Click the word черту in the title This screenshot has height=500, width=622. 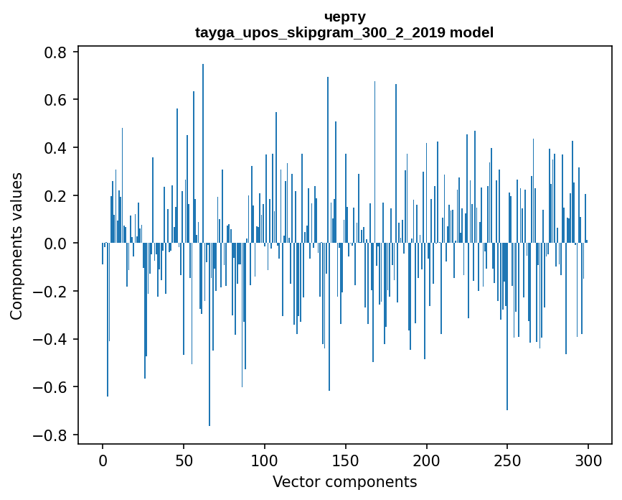point(344,17)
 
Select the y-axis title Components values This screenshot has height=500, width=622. point(17,246)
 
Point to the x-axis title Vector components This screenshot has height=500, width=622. point(344,481)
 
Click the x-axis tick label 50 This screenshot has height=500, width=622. point(184,458)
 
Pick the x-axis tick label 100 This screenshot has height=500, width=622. point(265,458)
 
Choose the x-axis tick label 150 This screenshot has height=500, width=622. point(346,458)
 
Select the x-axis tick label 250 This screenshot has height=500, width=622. point(507,458)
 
